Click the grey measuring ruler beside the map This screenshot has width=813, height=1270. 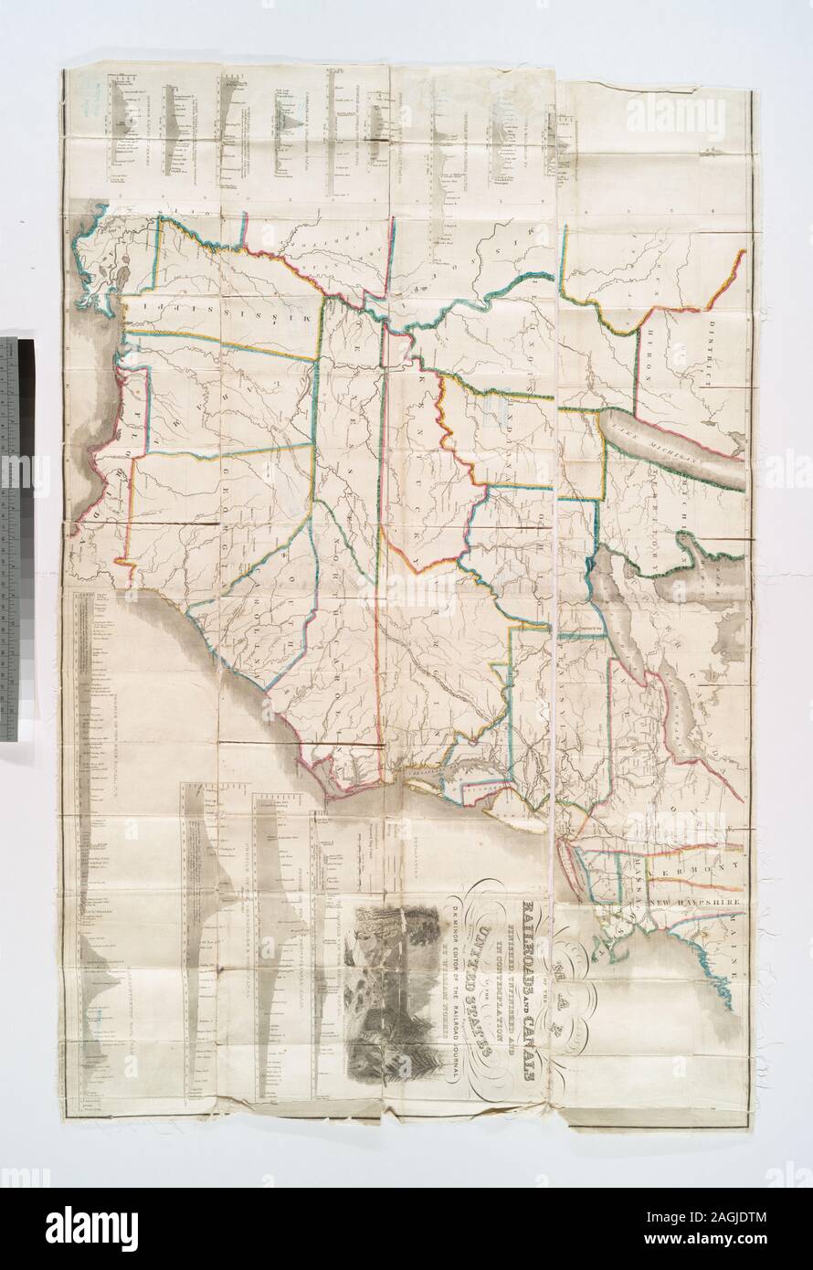point(16,539)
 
